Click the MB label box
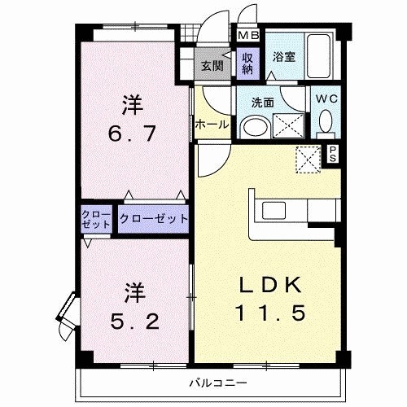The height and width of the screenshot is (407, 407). point(247,37)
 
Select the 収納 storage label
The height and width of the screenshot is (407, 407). point(247,63)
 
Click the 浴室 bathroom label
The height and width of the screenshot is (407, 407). point(283,58)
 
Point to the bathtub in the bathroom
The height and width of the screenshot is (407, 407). point(320,56)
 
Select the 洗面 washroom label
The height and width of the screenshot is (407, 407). point(262,103)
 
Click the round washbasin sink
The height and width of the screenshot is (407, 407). point(256,127)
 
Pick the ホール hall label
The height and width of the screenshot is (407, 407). point(211,125)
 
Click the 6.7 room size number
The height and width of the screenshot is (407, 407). point(133,129)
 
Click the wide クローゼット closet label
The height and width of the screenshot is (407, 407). point(154,219)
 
